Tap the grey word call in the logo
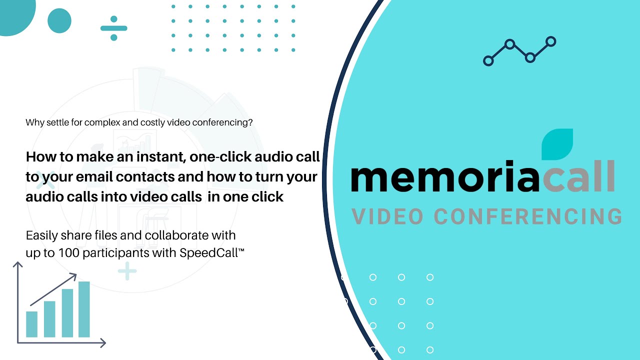tap(577, 177)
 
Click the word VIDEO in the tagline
tap(387, 217)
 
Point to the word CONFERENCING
tap(528, 217)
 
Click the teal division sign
tap(113, 27)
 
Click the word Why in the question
tap(33, 122)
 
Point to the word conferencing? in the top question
tap(224, 122)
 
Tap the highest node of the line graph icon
tap(550, 41)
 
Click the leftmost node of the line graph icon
tap(488, 61)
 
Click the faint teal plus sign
tap(127, 271)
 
